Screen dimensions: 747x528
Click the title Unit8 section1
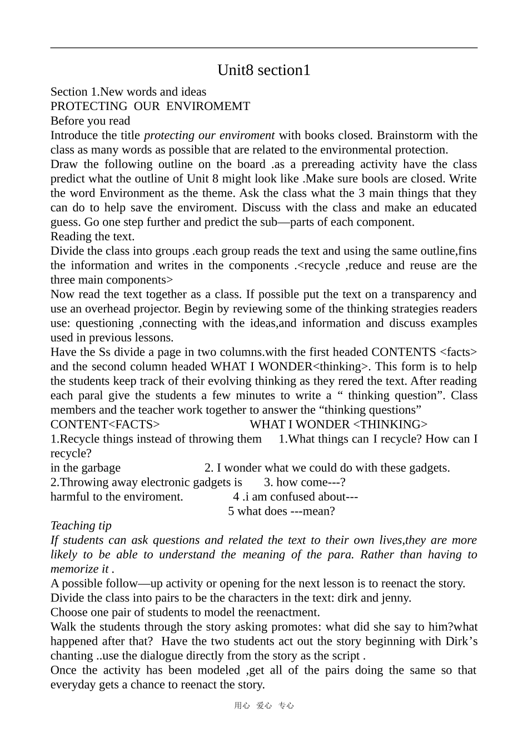(x=263, y=70)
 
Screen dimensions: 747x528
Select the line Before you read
(x=90, y=121)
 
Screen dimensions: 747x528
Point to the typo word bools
(x=377, y=178)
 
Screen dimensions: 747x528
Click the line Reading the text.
(x=92, y=236)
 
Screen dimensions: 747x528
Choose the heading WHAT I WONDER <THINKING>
(x=338, y=424)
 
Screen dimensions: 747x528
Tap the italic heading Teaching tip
(x=81, y=525)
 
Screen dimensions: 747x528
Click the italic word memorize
(x=74, y=569)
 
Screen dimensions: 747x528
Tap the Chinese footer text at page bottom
(x=263, y=705)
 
